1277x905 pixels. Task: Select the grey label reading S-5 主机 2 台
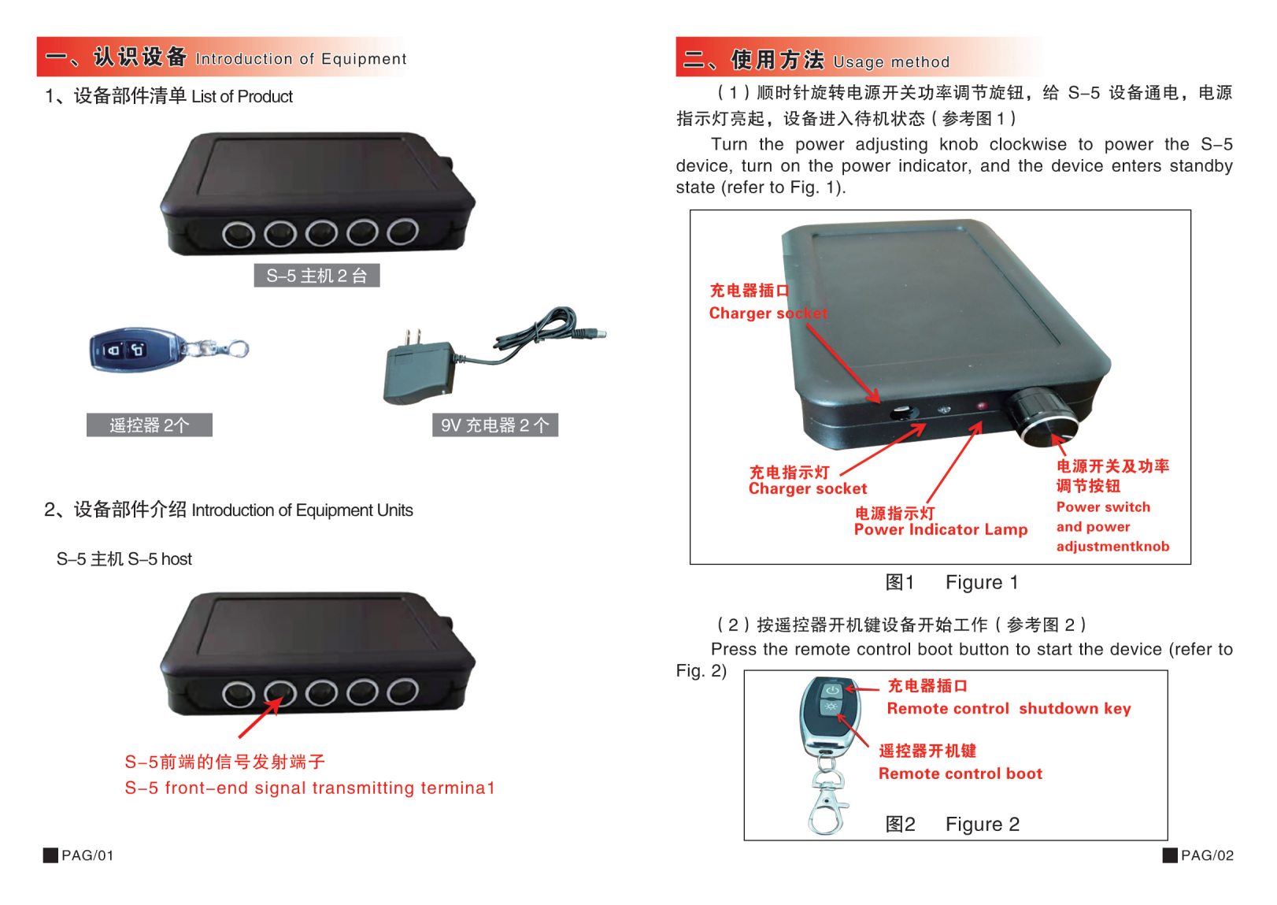(316, 276)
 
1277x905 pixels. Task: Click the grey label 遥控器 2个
(149, 425)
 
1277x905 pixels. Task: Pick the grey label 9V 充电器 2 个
(494, 425)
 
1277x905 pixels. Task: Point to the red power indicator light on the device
(981, 406)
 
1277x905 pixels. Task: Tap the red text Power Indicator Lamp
(940, 530)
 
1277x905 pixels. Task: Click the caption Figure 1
(981, 583)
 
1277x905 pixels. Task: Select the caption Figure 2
(982, 825)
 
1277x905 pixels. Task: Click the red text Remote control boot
(960, 774)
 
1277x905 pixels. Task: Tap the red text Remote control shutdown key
(1009, 709)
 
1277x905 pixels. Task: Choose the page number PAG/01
(87, 855)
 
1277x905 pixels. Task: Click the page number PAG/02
(1206, 855)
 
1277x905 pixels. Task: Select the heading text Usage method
(891, 62)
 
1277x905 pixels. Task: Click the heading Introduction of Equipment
(301, 59)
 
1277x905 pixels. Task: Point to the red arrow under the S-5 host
(260, 718)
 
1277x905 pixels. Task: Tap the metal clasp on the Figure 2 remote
(827, 803)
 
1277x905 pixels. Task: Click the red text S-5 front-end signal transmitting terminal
(309, 788)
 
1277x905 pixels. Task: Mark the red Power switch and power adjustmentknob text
(1112, 527)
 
